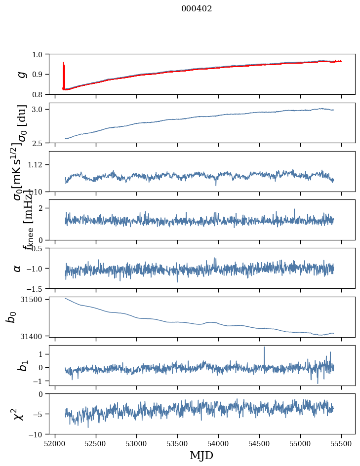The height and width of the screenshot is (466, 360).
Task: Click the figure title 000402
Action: (197, 9)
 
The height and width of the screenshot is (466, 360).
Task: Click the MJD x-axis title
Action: (201, 455)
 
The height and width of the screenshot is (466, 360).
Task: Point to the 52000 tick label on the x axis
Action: (55, 443)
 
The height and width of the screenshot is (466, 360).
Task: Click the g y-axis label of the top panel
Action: (21, 74)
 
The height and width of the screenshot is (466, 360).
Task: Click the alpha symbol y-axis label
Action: (17, 268)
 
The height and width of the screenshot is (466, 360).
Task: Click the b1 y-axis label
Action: (22, 366)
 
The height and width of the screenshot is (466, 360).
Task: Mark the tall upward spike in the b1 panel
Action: (264, 348)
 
